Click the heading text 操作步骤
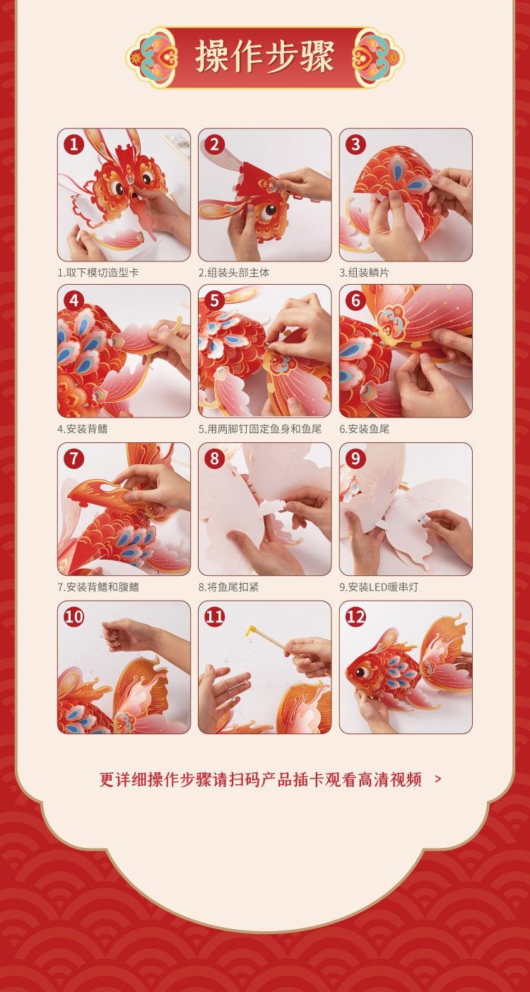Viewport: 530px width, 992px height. tap(265, 57)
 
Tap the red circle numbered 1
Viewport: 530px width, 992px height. tap(73, 144)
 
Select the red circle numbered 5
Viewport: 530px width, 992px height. tap(215, 300)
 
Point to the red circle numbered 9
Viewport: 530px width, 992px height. tap(355, 459)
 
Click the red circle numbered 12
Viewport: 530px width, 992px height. tap(355, 616)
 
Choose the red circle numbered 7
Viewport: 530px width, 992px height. tap(73, 459)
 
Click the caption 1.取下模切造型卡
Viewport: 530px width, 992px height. tap(98, 272)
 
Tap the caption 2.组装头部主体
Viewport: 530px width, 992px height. tap(234, 272)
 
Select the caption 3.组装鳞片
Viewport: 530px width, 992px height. tap(365, 272)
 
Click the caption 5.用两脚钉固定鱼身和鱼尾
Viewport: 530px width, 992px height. tap(260, 429)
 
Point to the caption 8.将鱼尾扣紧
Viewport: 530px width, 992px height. tap(228, 586)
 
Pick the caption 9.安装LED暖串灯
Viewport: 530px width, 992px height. tap(379, 586)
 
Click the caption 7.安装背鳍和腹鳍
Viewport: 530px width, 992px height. tap(98, 586)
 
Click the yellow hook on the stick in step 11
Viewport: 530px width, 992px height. tap(251, 630)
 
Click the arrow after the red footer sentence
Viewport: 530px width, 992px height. tap(438, 779)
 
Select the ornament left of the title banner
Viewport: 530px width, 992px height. tap(152, 57)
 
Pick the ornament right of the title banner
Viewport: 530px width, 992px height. tap(378, 57)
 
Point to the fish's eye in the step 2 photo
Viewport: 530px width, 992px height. tap(267, 213)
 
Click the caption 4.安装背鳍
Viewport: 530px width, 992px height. tap(83, 429)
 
